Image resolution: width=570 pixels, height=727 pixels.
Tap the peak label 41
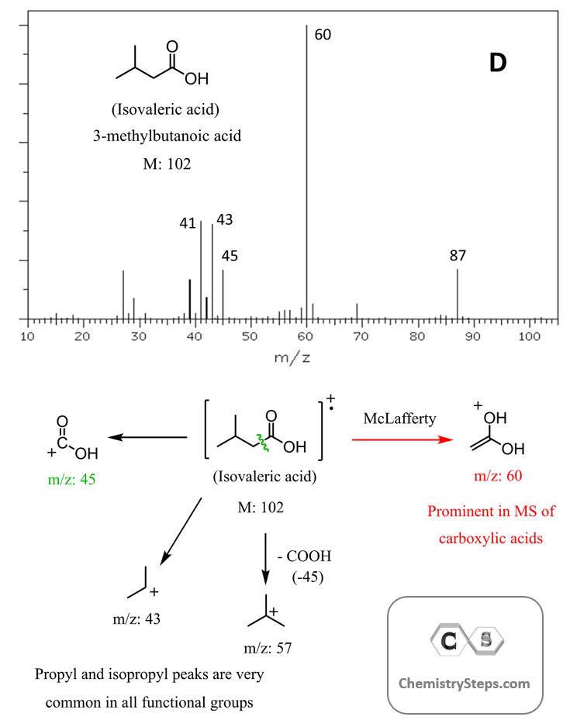pos(188,223)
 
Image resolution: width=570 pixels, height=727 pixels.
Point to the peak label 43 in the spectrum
pos(225,220)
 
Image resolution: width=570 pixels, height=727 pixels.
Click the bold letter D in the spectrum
pos(497,64)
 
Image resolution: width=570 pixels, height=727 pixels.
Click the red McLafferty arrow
pos(402,439)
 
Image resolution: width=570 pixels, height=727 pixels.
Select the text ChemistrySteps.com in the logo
pos(465,683)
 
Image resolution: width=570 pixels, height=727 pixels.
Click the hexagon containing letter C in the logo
pos(447,640)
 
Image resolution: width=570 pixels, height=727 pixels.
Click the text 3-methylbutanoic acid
pos(168,136)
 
